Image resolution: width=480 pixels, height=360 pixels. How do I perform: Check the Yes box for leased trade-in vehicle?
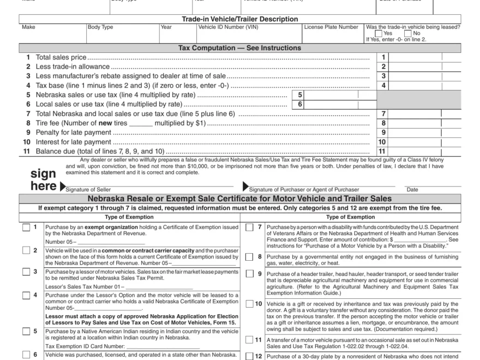(x=379, y=33)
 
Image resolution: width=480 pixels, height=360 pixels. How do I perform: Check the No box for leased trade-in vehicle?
(x=408, y=33)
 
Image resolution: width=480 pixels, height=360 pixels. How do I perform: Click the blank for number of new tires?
(x=141, y=123)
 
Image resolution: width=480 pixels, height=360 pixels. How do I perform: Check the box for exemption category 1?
(x=26, y=227)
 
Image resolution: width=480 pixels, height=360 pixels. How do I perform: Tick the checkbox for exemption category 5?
(x=26, y=332)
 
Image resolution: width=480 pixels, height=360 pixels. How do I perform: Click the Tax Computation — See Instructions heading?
(x=239, y=48)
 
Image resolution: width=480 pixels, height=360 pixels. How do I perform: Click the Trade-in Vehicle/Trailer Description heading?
(x=239, y=19)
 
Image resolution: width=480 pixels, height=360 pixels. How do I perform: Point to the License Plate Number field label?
(x=331, y=27)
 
